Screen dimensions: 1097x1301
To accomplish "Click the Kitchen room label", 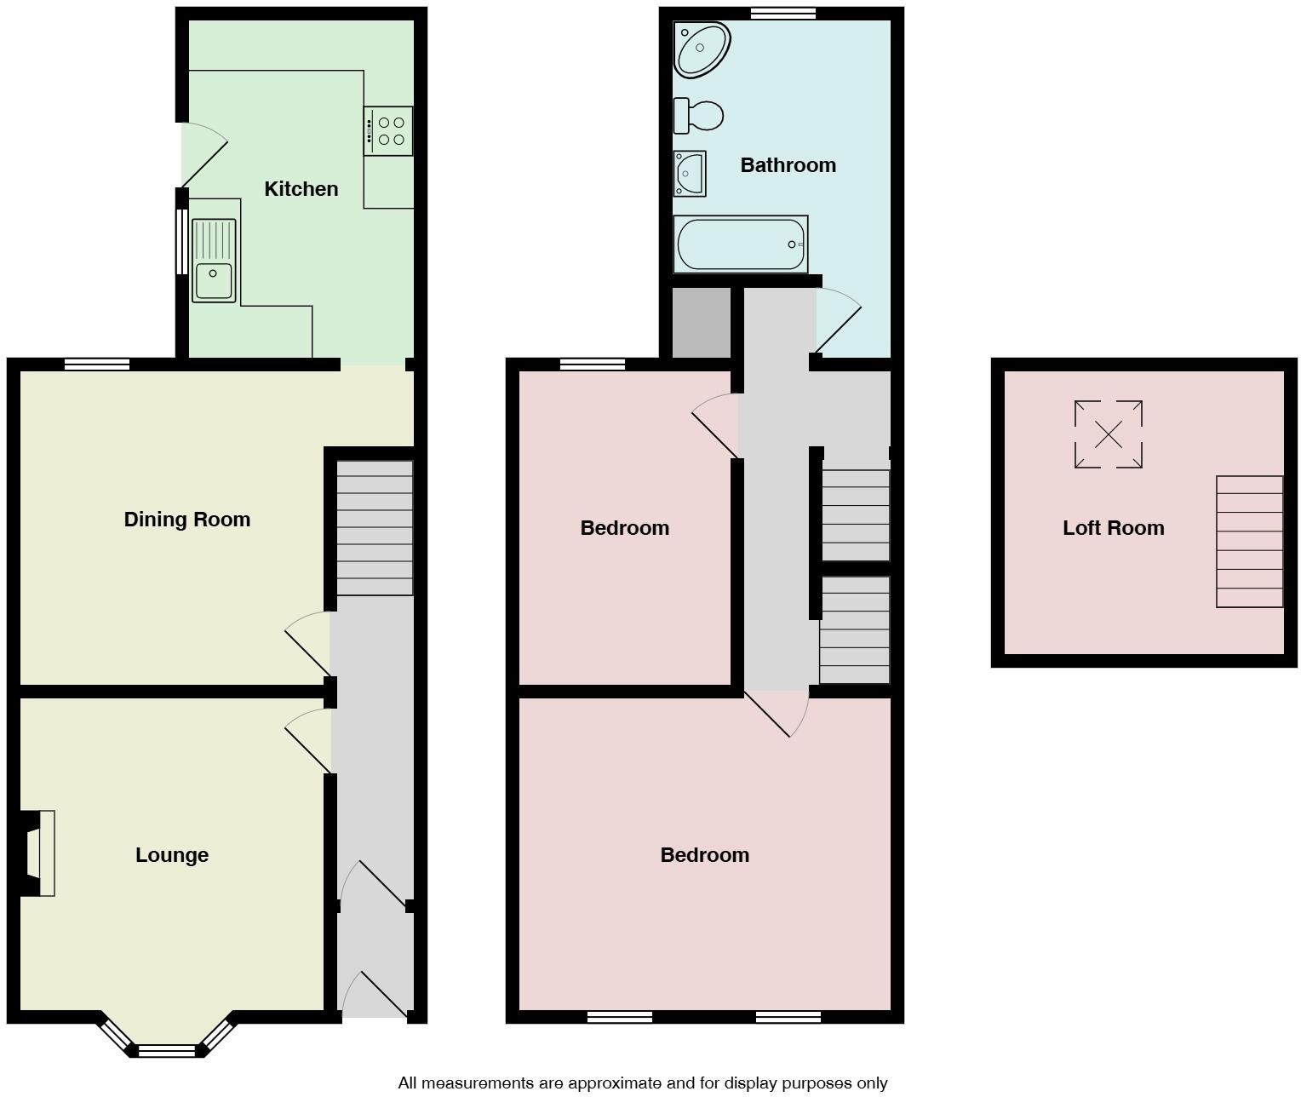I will click(301, 189).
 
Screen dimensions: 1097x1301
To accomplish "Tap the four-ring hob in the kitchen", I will click(388, 131).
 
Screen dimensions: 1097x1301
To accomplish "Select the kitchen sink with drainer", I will click(214, 261).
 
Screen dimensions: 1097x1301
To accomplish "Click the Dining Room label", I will click(187, 520).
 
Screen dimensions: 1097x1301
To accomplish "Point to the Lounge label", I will click(172, 855).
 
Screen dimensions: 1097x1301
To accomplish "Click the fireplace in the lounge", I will click(38, 853).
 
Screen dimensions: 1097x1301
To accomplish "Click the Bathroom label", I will click(788, 165).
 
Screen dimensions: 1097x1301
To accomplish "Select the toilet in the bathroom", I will click(698, 116).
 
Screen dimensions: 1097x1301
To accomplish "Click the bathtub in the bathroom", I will click(740, 244).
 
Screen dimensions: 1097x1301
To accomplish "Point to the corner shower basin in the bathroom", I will click(701, 49).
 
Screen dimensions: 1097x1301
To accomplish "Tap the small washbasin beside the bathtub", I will click(689, 174).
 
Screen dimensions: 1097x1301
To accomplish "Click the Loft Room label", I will click(1113, 528).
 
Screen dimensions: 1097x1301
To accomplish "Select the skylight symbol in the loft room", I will click(1108, 434).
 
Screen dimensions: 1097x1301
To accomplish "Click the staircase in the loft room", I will click(1249, 542).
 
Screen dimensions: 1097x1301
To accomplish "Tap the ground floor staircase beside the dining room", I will click(375, 528).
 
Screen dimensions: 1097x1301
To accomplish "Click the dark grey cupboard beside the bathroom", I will click(702, 323).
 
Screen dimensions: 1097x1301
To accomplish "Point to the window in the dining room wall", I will click(97, 365).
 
